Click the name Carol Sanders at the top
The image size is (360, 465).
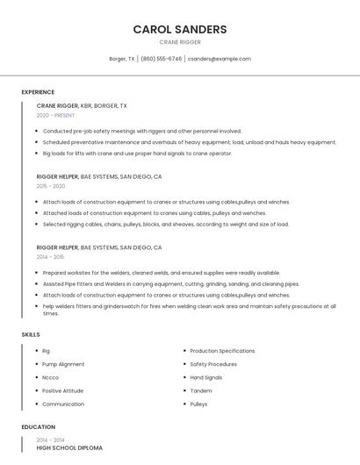(180, 29)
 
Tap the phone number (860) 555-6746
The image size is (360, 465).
(162, 59)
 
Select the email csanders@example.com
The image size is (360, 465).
(220, 59)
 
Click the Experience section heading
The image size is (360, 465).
(38, 92)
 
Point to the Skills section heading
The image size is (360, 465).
(31, 334)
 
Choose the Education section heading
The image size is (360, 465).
(38, 427)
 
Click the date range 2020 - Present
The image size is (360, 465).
(55, 115)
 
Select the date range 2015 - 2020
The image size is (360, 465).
(51, 186)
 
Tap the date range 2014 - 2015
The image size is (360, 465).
(50, 257)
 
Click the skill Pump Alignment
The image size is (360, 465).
(63, 364)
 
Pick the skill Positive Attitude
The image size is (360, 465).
(62, 390)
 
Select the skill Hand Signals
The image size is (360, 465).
(206, 377)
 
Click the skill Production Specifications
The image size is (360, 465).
(222, 351)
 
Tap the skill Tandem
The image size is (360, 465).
(201, 390)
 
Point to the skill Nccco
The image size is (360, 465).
(51, 377)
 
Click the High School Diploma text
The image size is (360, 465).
(69, 447)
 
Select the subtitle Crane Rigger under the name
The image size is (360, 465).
(180, 42)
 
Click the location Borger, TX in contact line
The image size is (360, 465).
(122, 59)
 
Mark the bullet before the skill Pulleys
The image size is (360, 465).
(184, 404)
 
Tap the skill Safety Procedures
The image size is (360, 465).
(213, 364)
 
